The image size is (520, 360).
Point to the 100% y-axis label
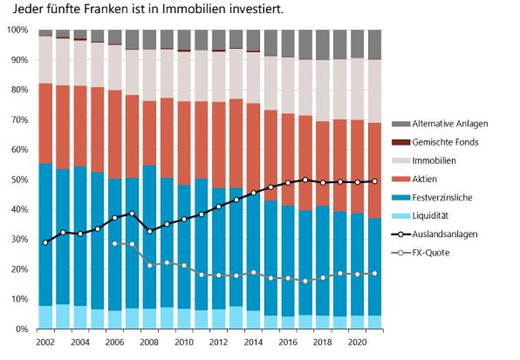(x=17, y=30)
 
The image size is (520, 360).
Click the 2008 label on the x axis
(x=150, y=343)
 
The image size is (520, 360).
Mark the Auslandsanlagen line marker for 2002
(x=45, y=243)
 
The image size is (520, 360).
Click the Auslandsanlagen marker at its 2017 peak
(x=305, y=180)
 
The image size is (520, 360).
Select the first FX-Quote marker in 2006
(x=115, y=244)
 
